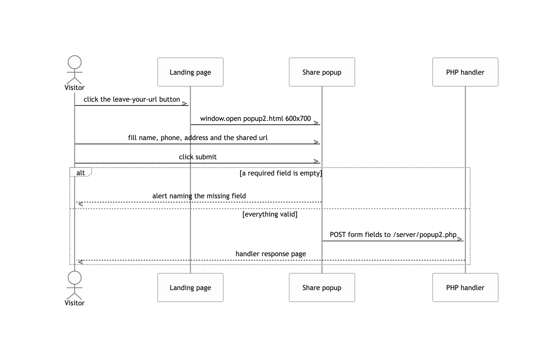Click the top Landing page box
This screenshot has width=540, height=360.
tap(190, 72)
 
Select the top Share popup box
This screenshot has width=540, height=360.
tap(322, 72)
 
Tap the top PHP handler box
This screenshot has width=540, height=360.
tap(465, 72)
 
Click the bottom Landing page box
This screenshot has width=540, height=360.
tap(190, 287)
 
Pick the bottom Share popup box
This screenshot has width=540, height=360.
tap(322, 287)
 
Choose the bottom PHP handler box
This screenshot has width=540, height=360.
tap(465, 287)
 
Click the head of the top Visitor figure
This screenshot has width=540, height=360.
tap(74, 62)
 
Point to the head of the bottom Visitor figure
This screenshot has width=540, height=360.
tap(74, 278)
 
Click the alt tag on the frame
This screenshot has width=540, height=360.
tap(80, 172)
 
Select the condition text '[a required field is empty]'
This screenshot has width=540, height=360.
tap(281, 173)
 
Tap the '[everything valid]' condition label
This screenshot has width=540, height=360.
tap(270, 214)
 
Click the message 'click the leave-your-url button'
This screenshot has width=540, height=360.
tap(132, 99)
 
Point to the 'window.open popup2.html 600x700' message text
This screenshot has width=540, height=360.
tap(256, 118)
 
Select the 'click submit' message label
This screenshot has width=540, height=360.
tap(198, 157)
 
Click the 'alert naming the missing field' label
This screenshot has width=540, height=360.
tap(199, 196)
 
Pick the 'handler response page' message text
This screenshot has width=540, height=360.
tap(271, 254)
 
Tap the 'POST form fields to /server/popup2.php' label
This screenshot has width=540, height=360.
tap(393, 235)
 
